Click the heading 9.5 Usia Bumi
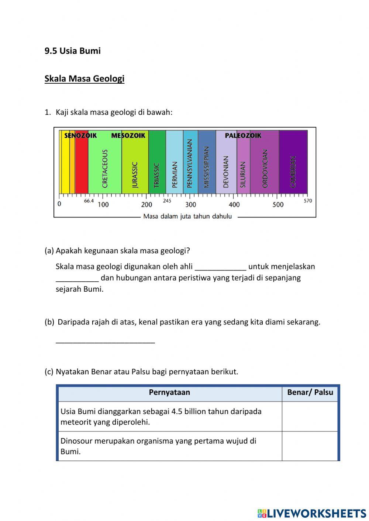72,51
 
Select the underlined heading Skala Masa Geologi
84,79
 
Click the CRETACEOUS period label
105,169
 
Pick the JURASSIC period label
135,174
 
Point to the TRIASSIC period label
156,175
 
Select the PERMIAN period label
175,174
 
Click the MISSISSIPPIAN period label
206,167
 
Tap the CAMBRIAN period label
293,171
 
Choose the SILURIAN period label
243,174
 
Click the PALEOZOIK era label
243,136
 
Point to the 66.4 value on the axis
89,201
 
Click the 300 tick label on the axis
190,205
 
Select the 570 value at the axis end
308,201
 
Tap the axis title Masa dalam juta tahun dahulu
187,216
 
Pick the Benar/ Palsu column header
310,392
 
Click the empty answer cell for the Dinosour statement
310,446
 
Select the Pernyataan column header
169,392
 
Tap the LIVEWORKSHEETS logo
312,513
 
